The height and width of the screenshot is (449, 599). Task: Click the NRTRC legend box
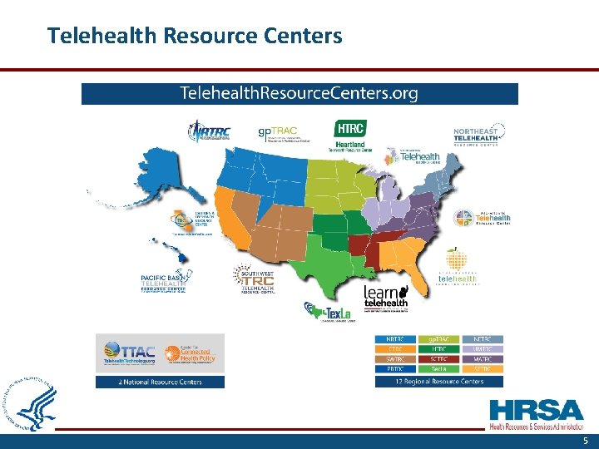tap(395, 338)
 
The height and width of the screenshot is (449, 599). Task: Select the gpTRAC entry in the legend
tap(439, 338)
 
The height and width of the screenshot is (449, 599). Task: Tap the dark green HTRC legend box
tap(439, 348)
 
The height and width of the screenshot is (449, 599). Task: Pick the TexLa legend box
tap(439, 368)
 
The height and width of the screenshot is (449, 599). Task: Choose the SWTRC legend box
tap(395, 358)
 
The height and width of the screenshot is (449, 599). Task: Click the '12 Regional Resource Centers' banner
tap(439, 382)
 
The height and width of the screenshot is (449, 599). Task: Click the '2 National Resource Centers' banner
tap(160, 382)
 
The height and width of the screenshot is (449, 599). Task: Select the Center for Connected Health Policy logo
tap(192, 353)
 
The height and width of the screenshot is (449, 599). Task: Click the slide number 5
tap(585, 442)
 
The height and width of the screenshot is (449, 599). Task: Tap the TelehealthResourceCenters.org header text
tap(299, 93)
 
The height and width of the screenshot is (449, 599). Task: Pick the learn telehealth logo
tap(386, 297)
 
